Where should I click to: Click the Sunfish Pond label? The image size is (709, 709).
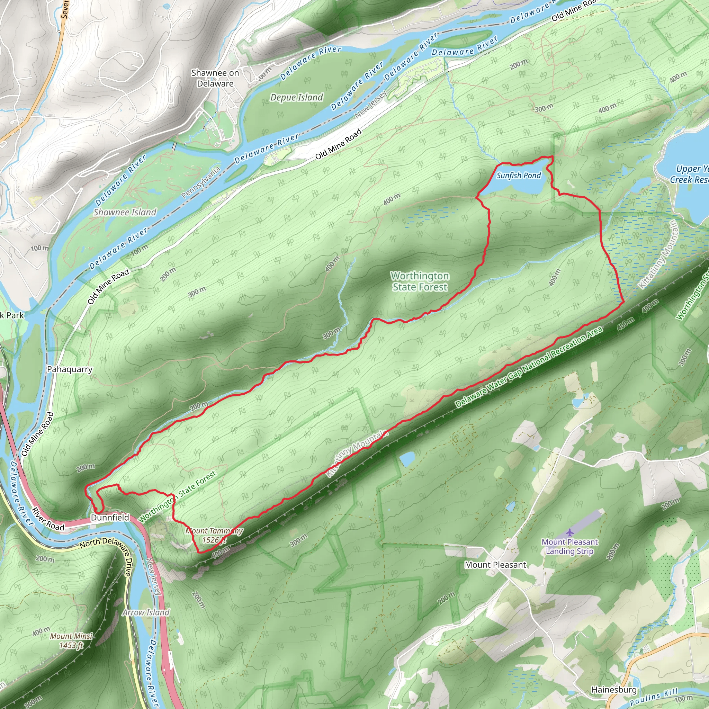519,176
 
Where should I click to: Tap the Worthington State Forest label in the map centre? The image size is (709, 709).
420,281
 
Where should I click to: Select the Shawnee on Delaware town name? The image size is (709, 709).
215,78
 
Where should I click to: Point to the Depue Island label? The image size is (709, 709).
297,97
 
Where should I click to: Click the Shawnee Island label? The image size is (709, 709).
125,212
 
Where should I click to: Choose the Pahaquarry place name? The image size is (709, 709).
70,369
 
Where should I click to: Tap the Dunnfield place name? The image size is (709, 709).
110,518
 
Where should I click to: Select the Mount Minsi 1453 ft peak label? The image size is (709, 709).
72,641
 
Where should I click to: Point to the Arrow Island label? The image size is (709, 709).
146,612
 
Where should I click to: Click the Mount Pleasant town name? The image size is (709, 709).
495,565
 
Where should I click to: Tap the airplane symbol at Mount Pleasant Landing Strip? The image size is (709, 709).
569,532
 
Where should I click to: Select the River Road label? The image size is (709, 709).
48,519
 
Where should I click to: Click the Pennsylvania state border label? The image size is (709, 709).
201,182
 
